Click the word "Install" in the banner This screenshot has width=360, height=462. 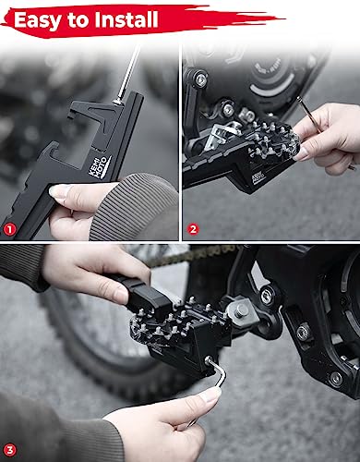pos(126,18)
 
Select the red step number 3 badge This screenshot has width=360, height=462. pos(11,449)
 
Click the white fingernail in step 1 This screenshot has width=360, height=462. pos(60,191)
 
